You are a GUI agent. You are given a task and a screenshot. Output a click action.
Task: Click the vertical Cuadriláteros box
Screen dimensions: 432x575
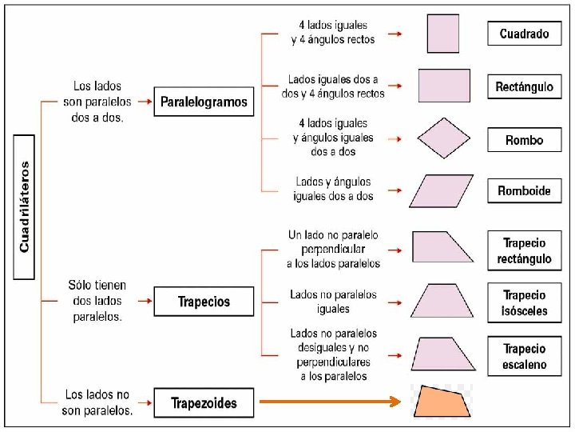[24, 206]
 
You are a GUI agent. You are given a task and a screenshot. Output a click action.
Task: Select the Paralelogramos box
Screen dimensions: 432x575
[204, 102]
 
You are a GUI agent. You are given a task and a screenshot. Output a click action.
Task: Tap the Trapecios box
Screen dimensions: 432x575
[204, 302]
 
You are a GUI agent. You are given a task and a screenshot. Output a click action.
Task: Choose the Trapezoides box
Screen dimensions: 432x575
[204, 402]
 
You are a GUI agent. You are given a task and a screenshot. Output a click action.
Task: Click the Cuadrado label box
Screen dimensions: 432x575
[524, 34]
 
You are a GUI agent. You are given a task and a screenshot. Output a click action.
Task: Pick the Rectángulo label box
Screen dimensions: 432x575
[524, 86]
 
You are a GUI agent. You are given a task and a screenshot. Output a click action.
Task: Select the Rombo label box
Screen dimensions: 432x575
[524, 140]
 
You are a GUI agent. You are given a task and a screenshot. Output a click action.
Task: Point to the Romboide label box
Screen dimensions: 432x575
[524, 190]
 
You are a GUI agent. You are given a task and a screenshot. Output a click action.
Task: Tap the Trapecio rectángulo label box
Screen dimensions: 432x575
[524, 250]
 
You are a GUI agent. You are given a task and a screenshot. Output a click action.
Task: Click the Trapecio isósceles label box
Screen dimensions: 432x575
[524, 302]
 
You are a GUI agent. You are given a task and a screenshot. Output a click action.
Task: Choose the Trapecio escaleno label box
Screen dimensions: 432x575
[524, 356]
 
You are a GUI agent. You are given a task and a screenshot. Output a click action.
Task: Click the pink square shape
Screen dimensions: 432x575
[443, 34]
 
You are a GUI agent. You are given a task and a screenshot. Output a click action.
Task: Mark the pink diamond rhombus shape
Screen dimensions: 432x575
[445, 138]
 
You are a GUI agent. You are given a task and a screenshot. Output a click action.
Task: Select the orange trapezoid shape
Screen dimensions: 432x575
[442, 402]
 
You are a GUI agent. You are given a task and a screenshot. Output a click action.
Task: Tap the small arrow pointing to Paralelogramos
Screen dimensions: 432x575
[145, 102]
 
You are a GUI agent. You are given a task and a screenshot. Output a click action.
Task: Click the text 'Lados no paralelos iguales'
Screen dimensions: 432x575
[333, 302]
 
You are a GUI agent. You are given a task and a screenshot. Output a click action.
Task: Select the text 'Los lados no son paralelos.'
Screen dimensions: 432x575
[97, 402]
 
